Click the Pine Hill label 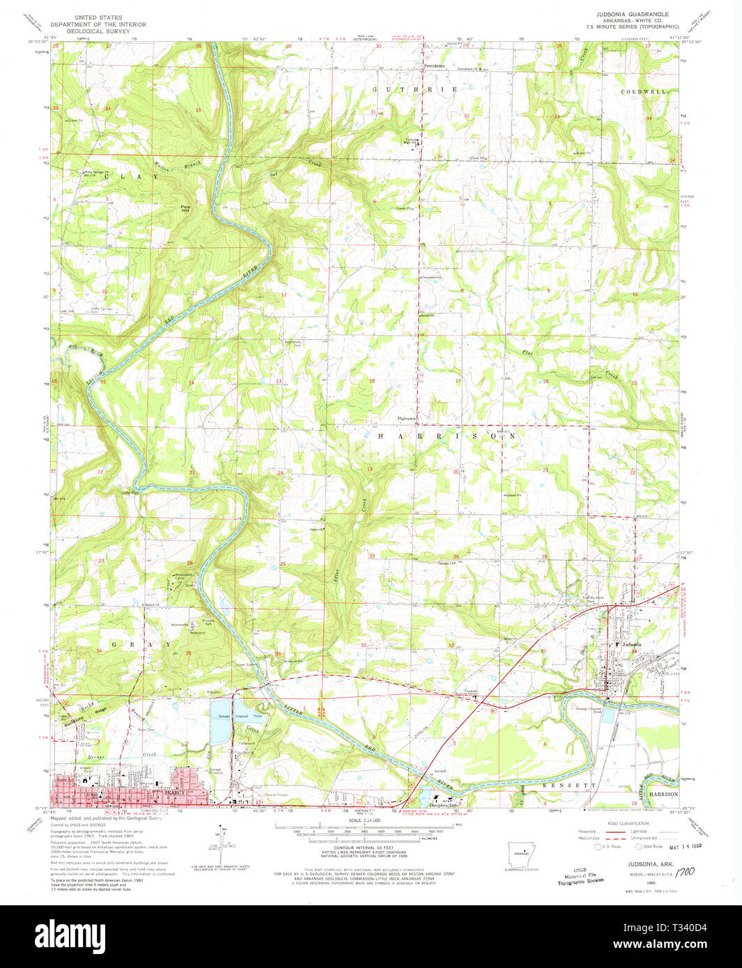185,208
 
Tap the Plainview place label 406,418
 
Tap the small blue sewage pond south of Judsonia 607,715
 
